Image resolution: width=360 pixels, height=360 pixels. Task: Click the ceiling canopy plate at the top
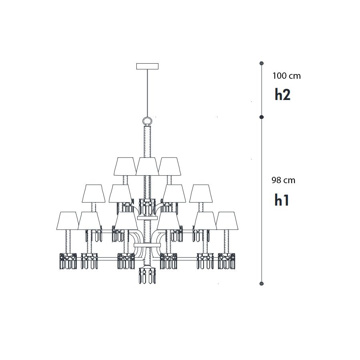[147, 66]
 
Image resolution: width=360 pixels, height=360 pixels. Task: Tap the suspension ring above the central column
[147, 118]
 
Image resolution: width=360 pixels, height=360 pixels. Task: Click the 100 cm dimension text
[286, 76]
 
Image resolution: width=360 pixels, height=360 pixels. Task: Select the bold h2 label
[283, 94]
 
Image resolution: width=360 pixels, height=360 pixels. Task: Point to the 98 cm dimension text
[283, 180]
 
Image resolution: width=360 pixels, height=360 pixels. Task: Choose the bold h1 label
[282, 200]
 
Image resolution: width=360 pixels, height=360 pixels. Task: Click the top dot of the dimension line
[261, 63]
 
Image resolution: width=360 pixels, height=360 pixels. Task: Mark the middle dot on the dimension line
[261, 117]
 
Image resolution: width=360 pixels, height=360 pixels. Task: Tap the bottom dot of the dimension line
[261, 284]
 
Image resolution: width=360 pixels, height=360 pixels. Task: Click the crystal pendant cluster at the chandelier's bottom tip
[147, 275]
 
